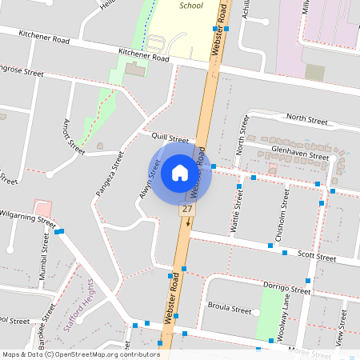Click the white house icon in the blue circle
click(x=180, y=172)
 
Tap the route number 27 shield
click(x=187, y=209)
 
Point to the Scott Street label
click(x=316, y=256)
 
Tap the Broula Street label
click(x=229, y=306)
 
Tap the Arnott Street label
click(x=74, y=136)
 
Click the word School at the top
click(x=191, y=5)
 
